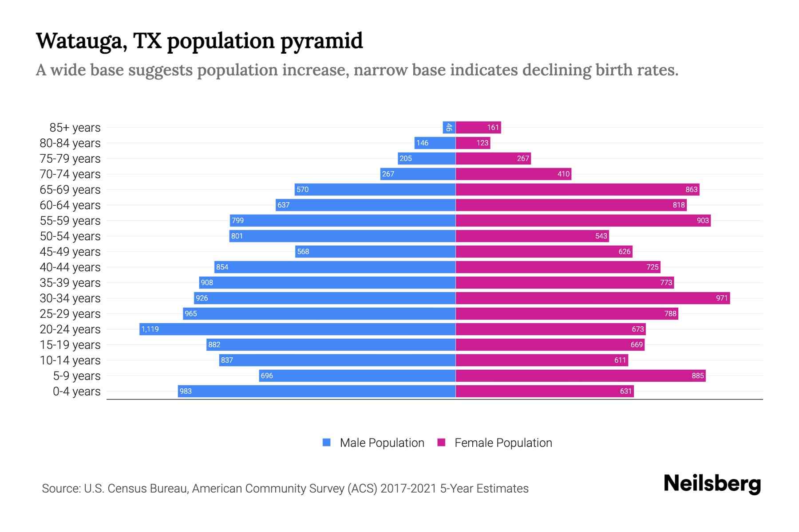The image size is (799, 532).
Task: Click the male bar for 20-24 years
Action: (297, 329)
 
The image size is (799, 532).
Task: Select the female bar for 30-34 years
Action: (593, 298)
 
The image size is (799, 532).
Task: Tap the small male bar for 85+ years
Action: (449, 127)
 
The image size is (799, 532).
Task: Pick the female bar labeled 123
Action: (473, 143)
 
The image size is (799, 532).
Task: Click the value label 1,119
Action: (150, 329)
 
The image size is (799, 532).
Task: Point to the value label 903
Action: (703, 220)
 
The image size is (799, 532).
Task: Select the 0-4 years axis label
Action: (76, 391)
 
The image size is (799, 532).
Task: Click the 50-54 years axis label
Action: (70, 236)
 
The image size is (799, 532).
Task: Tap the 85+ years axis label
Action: (75, 128)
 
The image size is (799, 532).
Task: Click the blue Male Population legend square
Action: (327, 442)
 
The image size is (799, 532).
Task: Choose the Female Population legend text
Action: (503, 443)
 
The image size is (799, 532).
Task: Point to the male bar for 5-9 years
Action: (357, 376)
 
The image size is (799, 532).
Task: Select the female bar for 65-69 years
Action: (577, 189)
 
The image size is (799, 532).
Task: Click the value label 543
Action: (601, 236)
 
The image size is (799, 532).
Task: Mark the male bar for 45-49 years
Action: (375, 251)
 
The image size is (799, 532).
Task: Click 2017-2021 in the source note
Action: (408, 489)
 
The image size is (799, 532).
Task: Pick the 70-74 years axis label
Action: (70, 174)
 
